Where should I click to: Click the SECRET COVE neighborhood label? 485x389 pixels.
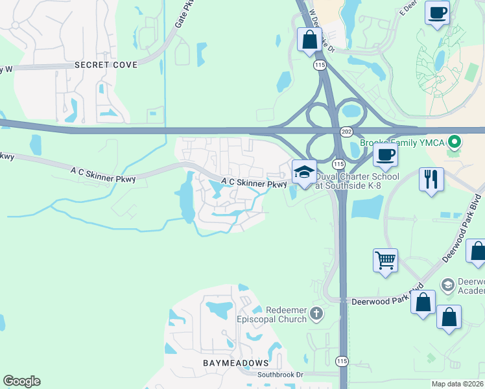tap(106, 65)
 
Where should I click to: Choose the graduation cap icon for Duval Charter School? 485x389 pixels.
tap(304, 172)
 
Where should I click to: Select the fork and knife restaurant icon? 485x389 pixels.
tap(431, 178)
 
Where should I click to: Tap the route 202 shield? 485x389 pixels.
tap(346, 131)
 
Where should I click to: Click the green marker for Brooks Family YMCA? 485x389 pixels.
tap(455, 141)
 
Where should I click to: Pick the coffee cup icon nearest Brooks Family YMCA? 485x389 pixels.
tap(385, 155)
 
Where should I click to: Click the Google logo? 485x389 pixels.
tap(21, 381)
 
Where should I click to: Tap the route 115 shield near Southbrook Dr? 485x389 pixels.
tap(342, 360)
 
